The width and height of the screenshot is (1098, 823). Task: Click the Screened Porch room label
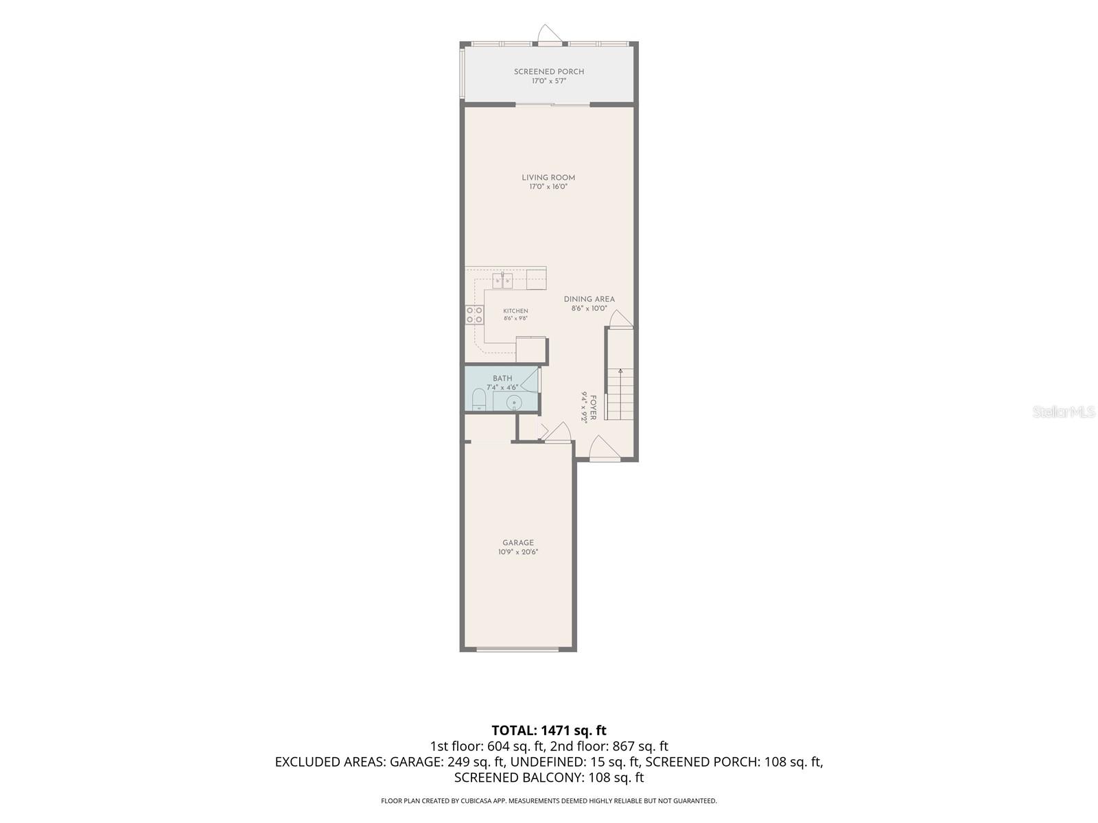[x=549, y=71]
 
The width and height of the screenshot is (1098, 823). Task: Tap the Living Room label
[x=548, y=178]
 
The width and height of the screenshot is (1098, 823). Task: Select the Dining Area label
[x=589, y=299]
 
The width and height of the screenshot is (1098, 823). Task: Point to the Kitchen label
[x=515, y=311]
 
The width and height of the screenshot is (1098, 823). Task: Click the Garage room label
[x=517, y=542]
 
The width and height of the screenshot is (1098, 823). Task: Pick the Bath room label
[x=502, y=379]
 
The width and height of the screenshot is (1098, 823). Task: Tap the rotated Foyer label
[x=593, y=408]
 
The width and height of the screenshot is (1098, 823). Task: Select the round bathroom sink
[x=514, y=402]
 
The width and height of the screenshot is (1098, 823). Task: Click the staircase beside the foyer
[x=620, y=395]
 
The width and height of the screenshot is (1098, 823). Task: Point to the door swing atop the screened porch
[x=549, y=34]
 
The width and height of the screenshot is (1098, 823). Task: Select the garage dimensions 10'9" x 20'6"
[x=517, y=552]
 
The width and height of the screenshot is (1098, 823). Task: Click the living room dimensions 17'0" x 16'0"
[x=548, y=187]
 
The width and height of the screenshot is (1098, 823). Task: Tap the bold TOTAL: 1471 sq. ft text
[x=549, y=730]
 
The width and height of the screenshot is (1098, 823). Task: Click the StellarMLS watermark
[x=1064, y=411]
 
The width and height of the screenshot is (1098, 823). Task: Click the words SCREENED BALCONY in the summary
[x=517, y=778]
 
